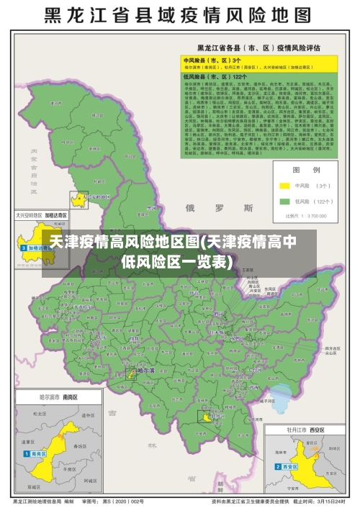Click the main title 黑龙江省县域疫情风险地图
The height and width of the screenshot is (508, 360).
click(180, 15)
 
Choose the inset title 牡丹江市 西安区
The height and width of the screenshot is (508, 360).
click(305, 429)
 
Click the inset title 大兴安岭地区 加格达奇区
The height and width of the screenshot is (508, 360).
click(42, 214)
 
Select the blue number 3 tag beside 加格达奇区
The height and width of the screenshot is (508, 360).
click(23, 248)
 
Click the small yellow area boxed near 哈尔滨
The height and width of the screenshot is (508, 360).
click(131, 374)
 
